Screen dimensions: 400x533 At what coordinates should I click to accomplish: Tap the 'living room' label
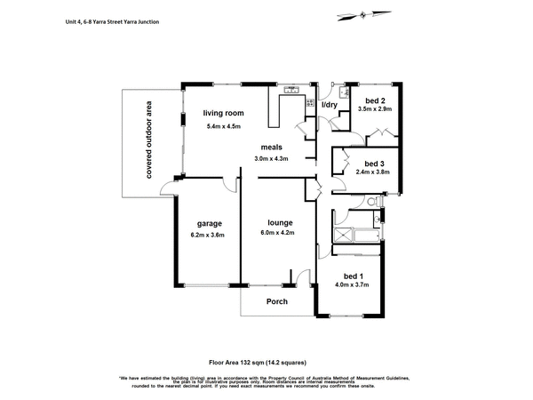click(222, 113)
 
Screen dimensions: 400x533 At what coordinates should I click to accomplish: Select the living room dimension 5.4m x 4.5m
click(222, 126)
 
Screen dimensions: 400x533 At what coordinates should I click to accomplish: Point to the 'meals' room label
click(272, 147)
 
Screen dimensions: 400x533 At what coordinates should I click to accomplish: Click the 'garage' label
click(207, 223)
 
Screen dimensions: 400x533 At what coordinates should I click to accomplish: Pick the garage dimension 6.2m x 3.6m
click(207, 236)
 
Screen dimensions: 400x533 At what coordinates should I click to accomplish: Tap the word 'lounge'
click(280, 222)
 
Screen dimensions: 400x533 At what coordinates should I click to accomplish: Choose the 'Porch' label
click(278, 301)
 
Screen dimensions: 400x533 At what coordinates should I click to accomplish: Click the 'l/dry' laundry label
click(330, 106)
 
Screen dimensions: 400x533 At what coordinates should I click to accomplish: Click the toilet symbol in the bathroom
click(376, 215)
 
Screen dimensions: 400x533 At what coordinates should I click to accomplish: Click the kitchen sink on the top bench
click(290, 91)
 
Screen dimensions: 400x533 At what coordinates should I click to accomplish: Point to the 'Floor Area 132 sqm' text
click(266, 362)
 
